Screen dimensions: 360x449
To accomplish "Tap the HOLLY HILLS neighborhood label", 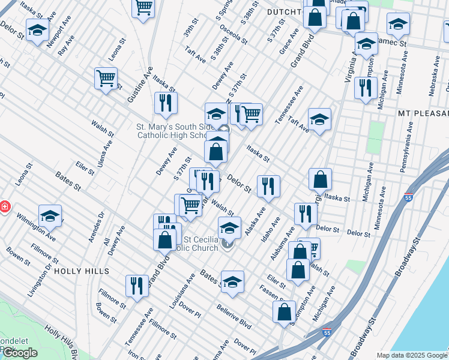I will [76, 271].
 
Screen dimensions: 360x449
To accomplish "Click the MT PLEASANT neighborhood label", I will [423, 113].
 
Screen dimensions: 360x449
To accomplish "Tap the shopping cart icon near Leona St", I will [106, 78].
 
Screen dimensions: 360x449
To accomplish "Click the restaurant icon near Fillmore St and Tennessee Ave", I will [137, 285].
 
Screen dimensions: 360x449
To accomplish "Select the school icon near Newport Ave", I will [37, 29].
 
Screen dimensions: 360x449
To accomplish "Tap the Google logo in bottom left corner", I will [20, 353].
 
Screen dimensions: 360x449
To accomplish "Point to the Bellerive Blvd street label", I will [234, 316].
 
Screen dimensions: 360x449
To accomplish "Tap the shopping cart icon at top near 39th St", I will [143, 8].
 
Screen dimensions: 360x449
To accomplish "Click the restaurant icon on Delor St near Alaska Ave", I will [268, 186].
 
